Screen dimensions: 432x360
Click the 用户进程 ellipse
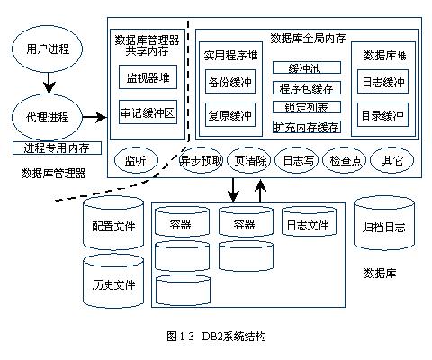click(47, 49)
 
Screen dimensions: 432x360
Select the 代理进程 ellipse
click(47, 117)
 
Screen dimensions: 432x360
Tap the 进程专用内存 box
click(57, 148)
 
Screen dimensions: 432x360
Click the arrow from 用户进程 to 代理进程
click(49, 83)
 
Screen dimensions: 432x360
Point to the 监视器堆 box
click(148, 77)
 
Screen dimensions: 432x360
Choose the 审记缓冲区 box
click(148, 112)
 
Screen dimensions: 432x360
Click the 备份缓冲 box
click(230, 82)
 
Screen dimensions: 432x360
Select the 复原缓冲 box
click(230, 115)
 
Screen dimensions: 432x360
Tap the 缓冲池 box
click(307, 67)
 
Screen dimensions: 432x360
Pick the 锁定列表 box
click(307, 107)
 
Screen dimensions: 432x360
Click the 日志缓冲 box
click(382, 82)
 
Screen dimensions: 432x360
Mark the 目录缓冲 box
click(382, 115)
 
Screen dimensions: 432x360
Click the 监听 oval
click(136, 160)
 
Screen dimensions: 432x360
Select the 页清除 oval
click(249, 160)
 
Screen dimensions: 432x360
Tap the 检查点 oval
click(345, 160)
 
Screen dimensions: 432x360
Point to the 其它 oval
click(391, 160)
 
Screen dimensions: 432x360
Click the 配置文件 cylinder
click(113, 222)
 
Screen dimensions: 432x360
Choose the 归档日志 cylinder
click(384, 223)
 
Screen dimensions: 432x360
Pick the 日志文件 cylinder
click(309, 221)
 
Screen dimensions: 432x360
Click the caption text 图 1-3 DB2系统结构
click(216, 336)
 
